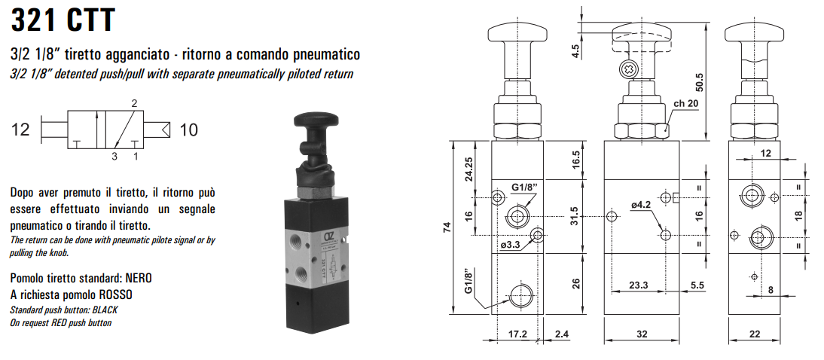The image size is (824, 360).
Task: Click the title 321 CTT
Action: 63,20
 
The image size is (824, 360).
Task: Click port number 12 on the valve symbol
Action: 21,130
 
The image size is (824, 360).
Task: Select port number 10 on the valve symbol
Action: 188,130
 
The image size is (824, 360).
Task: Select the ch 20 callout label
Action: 686,103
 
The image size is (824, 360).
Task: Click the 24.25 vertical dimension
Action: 468,169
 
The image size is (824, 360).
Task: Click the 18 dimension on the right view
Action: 798,215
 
